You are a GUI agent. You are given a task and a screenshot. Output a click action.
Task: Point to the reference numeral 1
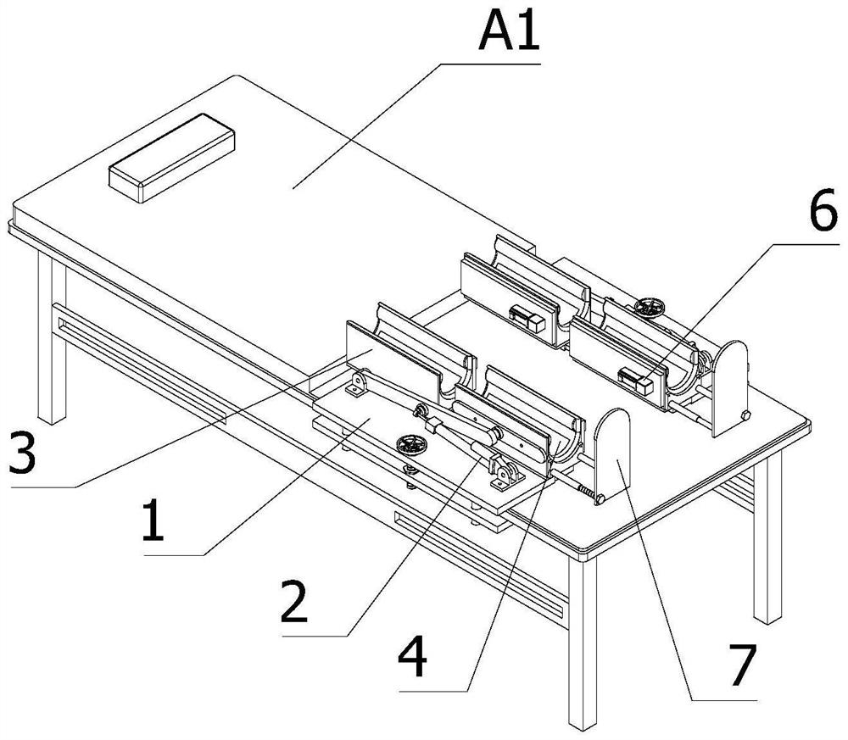pos(153,520)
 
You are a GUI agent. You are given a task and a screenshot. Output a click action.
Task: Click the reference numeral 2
pos(295,602)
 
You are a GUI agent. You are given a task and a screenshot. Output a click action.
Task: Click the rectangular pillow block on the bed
pos(171,158)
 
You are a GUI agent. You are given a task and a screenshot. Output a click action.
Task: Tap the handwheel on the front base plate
pos(411,445)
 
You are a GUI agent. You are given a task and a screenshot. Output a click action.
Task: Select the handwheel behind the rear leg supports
pos(650,307)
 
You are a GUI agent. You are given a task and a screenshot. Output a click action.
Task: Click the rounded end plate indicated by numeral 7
pos(612,454)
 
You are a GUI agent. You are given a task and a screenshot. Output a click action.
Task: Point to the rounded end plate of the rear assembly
pos(730,387)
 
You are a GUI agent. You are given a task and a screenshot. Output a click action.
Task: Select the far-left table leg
pos(52,338)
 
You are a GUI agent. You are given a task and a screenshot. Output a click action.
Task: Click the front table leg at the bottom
pos(583,642)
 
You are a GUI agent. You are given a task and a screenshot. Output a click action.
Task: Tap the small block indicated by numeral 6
pos(636,381)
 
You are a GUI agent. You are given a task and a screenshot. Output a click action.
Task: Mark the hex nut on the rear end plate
pos(745,415)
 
